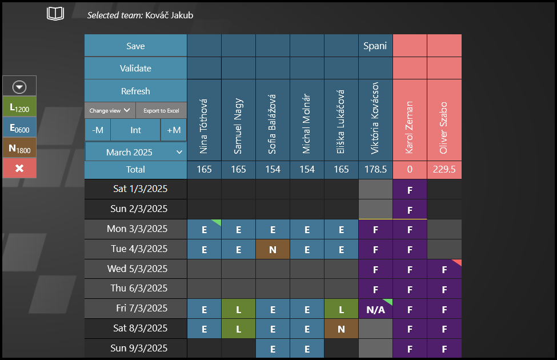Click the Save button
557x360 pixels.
135,46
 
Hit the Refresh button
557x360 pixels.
135,91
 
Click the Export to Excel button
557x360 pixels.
161,110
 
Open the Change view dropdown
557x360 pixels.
110,110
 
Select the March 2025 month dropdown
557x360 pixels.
135,152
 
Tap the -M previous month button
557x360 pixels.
98,130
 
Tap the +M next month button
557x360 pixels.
174,130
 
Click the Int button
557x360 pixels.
135,130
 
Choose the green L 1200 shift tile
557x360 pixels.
19,107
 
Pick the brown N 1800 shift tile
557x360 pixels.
19,147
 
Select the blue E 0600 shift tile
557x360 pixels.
19,127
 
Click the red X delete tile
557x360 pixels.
19,168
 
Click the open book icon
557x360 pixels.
55,14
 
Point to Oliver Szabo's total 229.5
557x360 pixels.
444,169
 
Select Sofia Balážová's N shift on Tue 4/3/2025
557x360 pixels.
273,249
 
